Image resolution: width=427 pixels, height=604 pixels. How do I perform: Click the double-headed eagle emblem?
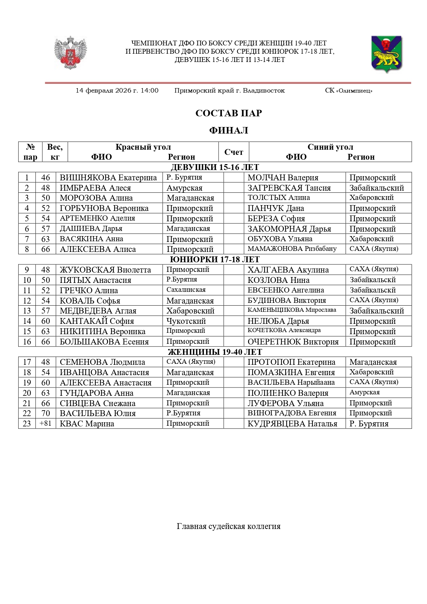point(71,52)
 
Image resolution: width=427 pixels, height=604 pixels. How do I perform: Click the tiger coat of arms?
point(386,54)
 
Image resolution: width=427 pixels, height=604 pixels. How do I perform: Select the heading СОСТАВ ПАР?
point(228,113)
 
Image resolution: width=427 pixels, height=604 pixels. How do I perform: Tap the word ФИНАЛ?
point(228,130)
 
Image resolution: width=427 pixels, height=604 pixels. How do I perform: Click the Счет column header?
point(234,152)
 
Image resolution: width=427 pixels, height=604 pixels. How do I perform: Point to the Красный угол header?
point(143,147)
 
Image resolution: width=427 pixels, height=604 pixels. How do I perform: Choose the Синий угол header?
point(330,147)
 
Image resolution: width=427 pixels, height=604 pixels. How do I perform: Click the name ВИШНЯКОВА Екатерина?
point(108,178)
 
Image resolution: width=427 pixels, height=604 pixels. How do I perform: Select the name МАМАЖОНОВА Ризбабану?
point(292,249)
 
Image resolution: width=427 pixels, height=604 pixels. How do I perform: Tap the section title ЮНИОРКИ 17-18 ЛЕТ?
point(215,259)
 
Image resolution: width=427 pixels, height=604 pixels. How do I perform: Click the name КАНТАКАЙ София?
point(97,321)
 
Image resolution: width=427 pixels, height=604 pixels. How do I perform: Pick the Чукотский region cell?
point(186,321)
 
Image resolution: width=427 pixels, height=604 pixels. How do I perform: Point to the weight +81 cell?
point(45,423)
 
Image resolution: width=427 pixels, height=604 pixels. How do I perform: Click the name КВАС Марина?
point(87,424)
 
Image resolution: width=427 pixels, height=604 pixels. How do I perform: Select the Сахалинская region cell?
point(186,290)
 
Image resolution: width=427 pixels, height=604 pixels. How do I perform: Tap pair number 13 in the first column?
point(27,311)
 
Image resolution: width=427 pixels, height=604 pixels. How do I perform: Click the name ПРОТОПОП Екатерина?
point(291,362)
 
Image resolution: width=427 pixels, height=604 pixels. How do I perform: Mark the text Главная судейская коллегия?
point(228,526)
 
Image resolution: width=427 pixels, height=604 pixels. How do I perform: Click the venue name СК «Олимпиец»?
point(349,91)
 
